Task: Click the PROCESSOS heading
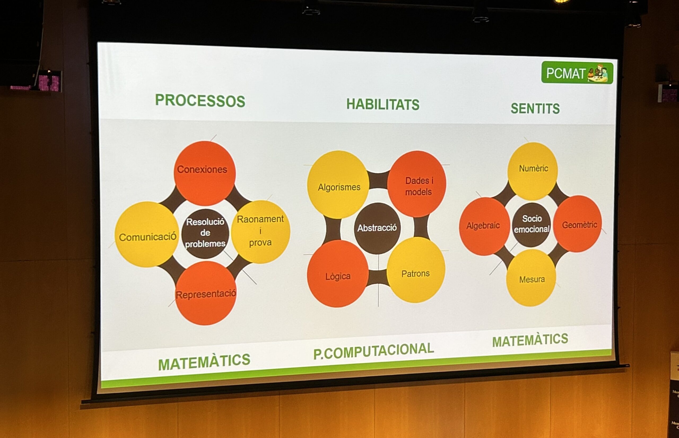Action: click(200, 101)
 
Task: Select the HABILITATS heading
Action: click(383, 104)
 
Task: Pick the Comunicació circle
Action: click(147, 234)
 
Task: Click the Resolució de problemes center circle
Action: click(205, 233)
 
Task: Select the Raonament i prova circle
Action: click(260, 232)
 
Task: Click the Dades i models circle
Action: click(417, 184)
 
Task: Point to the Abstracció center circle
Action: click(377, 228)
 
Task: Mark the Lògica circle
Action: click(338, 274)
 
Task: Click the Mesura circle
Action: click(531, 278)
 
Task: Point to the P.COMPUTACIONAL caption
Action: click(373, 351)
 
